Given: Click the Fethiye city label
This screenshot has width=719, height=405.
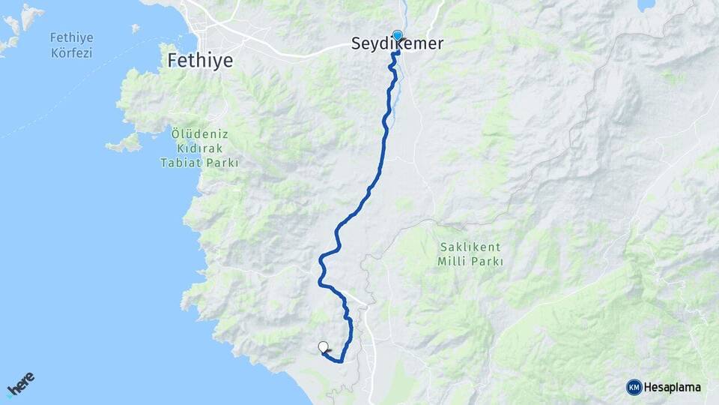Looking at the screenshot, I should click(x=201, y=60).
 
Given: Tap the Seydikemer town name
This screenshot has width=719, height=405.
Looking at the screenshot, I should click(x=397, y=45).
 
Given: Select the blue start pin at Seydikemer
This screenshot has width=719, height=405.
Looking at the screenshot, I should click(x=397, y=35).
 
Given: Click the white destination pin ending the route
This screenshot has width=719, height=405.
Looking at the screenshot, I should click(x=323, y=346).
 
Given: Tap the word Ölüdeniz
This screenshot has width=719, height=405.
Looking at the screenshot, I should click(x=199, y=134).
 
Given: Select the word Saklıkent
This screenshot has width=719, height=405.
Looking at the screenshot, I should click(x=470, y=247).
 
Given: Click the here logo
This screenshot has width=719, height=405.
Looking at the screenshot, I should click(x=20, y=383).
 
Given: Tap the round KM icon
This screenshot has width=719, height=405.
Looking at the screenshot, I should click(x=634, y=387).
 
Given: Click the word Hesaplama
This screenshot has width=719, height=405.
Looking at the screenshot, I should click(x=673, y=387).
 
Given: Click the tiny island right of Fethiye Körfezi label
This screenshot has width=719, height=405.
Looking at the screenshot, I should click(x=136, y=28).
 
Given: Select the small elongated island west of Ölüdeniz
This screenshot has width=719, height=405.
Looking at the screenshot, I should click(x=124, y=142).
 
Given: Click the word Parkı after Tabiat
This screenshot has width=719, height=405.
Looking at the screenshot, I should click(x=222, y=162).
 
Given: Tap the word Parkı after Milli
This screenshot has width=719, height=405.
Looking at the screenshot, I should click(x=487, y=262).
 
